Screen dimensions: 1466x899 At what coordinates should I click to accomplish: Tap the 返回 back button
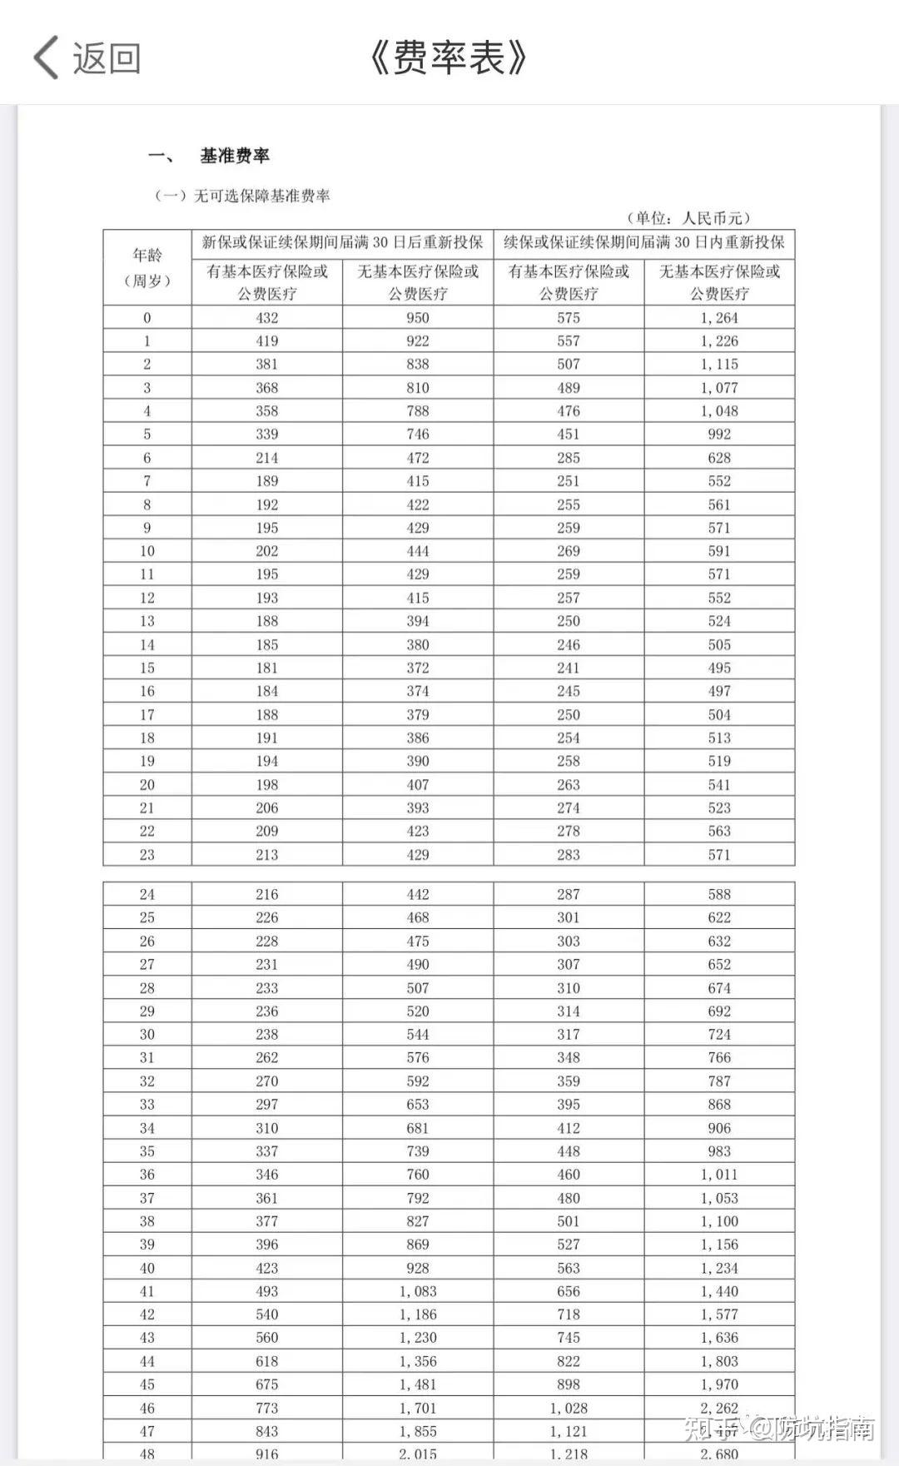(87, 58)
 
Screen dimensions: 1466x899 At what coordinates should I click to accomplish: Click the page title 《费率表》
(449, 58)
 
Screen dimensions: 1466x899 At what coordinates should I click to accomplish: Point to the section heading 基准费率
(235, 156)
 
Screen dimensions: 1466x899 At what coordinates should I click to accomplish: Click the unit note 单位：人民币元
(688, 218)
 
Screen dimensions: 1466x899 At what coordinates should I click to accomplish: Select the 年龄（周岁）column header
(147, 267)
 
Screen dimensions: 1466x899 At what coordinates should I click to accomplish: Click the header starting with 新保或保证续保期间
(342, 242)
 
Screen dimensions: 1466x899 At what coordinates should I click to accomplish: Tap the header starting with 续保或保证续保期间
(644, 242)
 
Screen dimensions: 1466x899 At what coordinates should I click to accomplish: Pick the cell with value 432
(267, 317)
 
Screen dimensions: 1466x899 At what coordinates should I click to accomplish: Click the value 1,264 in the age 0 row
(719, 317)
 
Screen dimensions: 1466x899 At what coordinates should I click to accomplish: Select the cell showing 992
(719, 434)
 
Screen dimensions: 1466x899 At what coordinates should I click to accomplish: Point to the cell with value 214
(267, 457)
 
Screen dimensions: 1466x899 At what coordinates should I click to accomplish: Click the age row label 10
(147, 550)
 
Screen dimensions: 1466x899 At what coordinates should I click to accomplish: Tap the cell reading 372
(418, 668)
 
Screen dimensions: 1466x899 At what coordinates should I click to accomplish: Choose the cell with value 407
(418, 784)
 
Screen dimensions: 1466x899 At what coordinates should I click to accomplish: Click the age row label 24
(147, 894)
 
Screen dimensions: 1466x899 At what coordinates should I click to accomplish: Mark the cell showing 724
(719, 1034)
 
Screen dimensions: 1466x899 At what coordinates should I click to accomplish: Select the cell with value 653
(418, 1104)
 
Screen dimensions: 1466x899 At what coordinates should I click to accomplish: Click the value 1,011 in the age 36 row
(719, 1174)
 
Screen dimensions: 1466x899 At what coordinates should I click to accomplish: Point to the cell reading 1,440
(719, 1291)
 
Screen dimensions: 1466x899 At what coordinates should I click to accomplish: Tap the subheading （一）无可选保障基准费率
(242, 196)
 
